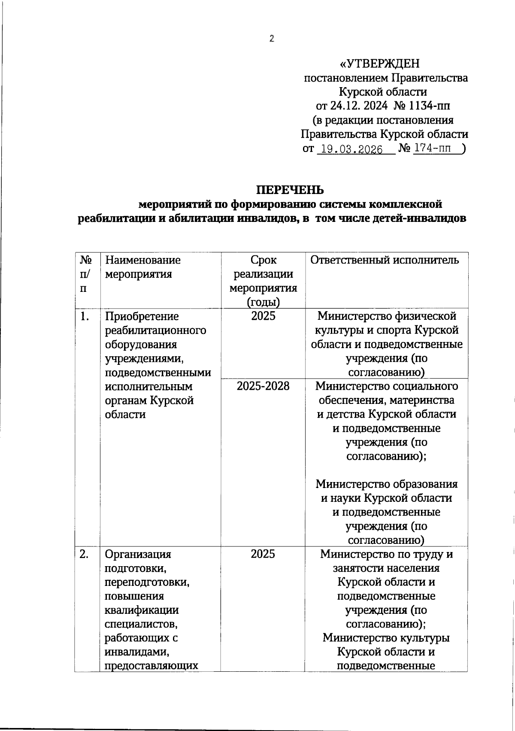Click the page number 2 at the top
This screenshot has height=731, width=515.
pos(271,39)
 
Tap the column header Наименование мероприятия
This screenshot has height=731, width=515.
pos(143,267)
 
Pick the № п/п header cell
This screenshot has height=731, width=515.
pos(86,274)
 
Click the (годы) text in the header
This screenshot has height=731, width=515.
pos(263,302)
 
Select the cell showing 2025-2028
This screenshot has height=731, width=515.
pos(263,386)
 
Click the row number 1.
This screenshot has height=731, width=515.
pos(85,317)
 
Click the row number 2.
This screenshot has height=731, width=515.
pos(85,554)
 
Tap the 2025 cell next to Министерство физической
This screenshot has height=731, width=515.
pos(263,316)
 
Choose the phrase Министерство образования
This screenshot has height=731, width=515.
pos(386,484)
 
